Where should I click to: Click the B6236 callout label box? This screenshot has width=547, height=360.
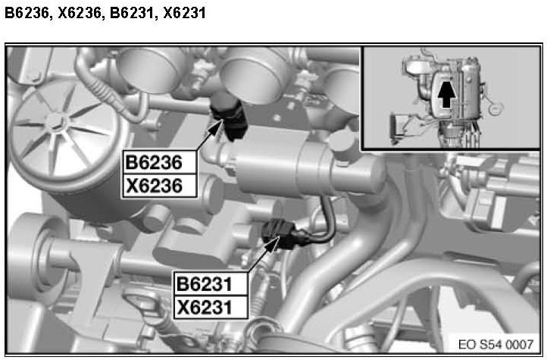pos(159,162)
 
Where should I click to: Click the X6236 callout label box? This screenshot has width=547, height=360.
pos(159,186)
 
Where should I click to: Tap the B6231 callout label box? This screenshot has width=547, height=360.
pos(211,283)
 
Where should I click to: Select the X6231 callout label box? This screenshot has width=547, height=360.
pos(211,308)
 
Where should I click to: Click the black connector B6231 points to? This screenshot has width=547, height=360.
pos(283,233)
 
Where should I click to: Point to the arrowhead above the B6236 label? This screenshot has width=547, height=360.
pos(216,127)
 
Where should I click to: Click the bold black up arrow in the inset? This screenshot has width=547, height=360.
pos(446,92)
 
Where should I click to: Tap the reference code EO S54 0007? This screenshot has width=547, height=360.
pos(495,344)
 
